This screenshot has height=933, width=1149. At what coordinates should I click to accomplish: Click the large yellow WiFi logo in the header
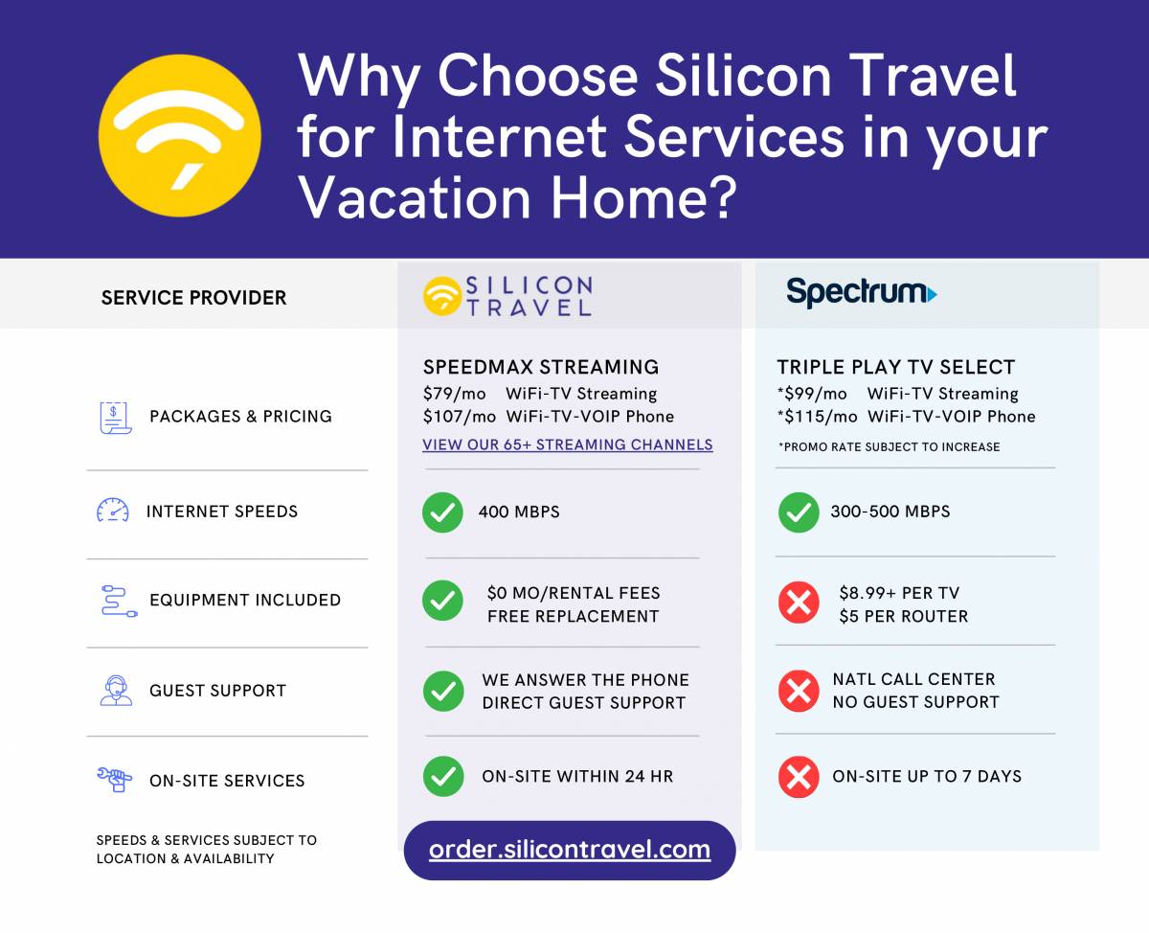tap(180, 135)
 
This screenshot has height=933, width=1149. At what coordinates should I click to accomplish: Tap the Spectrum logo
tap(861, 293)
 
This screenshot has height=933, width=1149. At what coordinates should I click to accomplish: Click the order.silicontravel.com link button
tap(570, 850)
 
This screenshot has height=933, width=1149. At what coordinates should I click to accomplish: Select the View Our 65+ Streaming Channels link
tap(568, 444)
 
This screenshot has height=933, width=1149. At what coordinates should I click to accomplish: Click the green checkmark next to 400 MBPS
tap(442, 512)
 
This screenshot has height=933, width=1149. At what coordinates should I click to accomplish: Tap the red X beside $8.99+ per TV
tap(799, 603)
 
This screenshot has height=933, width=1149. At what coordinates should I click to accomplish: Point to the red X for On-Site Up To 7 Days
tap(799, 777)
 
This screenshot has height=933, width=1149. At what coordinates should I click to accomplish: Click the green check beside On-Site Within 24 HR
tap(443, 777)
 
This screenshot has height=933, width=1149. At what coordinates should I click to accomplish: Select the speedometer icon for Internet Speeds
tap(113, 510)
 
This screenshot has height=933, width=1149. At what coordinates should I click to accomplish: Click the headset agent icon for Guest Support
tap(116, 691)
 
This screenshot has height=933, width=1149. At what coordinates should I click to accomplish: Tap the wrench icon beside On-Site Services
tap(114, 779)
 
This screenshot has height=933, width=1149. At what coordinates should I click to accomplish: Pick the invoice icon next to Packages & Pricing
tap(116, 418)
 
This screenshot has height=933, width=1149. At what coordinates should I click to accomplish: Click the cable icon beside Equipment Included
tap(120, 602)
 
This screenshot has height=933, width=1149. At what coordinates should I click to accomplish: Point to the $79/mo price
tap(454, 394)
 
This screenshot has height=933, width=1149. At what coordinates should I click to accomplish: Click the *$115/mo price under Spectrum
tap(817, 417)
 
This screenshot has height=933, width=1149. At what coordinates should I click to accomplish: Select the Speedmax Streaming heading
tap(541, 367)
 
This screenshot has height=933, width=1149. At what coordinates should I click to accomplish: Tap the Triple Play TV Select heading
tap(895, 367)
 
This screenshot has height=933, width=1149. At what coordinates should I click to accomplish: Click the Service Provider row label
tap(193, 298)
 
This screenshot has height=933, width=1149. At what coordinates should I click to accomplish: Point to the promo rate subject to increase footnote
tap(889, 446)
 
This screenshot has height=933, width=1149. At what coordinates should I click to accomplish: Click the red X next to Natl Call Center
tap(799, 691)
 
